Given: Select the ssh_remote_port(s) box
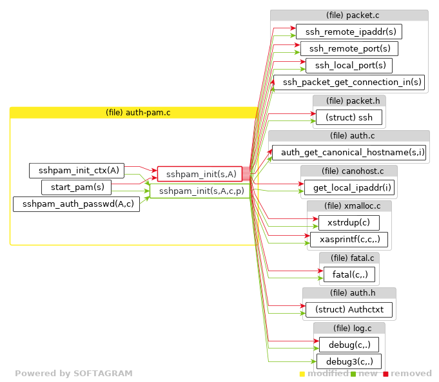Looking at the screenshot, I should tap(349, 48).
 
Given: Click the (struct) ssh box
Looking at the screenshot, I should tap(349, 117).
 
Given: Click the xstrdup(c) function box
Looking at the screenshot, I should tap(349, 223).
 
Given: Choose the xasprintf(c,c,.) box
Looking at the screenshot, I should tap(349, 240).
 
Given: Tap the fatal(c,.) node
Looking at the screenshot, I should tap(349, 275).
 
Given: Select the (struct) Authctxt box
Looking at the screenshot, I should tap(349, 310).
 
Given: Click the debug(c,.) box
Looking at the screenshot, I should tap(349, 345).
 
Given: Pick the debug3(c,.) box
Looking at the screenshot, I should tap(349, 361).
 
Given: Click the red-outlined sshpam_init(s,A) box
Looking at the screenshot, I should tap(200, 174).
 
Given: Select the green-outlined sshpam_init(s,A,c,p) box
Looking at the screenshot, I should tap(200, 191).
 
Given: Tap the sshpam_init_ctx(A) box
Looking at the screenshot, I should tap(77, 171).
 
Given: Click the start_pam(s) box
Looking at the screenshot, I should tap(77, 187).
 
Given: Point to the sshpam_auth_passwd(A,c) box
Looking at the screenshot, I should tap(77, 204).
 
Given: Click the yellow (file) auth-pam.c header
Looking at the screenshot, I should tap(133, 113).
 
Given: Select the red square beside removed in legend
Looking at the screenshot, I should tap(385, 374).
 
